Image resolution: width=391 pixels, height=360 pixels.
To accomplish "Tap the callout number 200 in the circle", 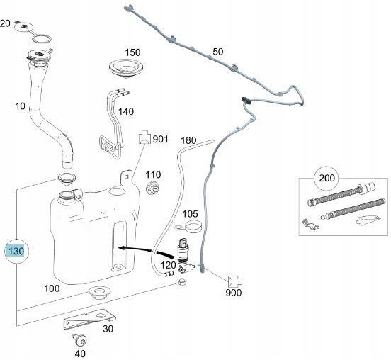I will click(327, 177).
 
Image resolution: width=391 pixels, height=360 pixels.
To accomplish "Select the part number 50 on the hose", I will click(217, 51).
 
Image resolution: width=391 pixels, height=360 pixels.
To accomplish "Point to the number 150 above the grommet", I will click(133, 52).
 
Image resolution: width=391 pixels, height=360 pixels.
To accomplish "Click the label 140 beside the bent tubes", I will click(125, 111).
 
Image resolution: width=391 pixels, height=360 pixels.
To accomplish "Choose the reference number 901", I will click(161, 139).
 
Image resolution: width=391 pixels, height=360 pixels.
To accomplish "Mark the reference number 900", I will click(234, 292).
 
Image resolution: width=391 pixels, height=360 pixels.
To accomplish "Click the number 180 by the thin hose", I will click(188, 140).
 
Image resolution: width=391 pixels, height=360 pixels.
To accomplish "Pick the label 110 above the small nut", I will click(153, 174).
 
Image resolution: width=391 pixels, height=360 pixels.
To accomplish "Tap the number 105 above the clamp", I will click(190, 213).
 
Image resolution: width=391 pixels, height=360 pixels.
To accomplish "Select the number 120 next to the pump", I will click(168, 264).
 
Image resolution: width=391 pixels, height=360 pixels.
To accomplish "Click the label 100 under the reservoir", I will click(52, 288).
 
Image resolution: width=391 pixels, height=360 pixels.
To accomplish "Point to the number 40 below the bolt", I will click(80, 354).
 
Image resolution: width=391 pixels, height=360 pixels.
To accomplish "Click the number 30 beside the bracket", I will click(108, 327).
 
